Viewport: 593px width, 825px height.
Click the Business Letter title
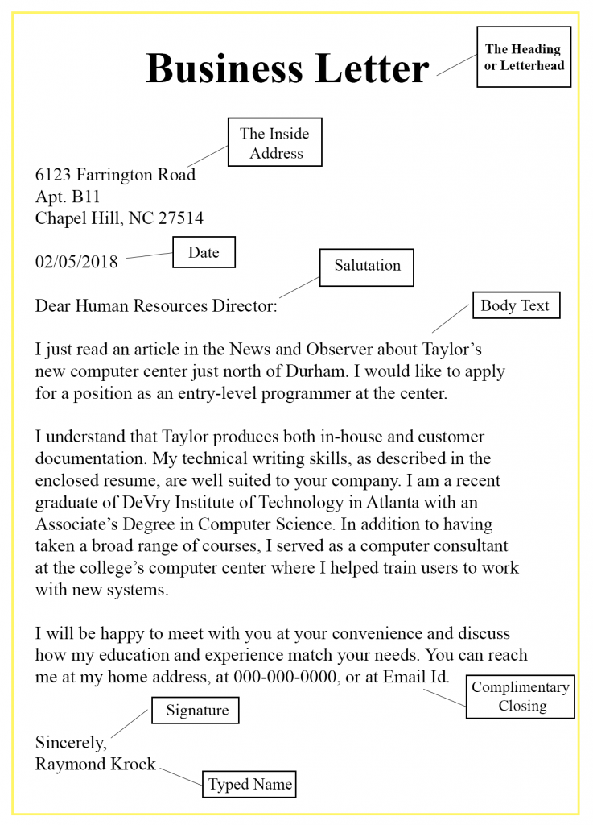point(287,68)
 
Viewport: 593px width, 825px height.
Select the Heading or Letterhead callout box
point(523,56)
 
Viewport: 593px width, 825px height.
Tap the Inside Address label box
point(274,143)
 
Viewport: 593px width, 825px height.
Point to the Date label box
point(204,252)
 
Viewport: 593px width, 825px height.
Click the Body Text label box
point(514,305)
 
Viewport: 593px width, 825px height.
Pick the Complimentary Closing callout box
point(521,696)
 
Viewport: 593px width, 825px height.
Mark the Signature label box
point(196,710)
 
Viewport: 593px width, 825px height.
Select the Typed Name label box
point(249,784)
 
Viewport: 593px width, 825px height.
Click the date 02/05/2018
point(76,262)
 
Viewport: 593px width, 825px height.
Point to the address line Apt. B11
point(68,197)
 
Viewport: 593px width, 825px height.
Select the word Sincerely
point(70,742)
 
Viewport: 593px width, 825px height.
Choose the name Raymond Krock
point(95,764)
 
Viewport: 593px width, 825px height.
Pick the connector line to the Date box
point(150,256)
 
